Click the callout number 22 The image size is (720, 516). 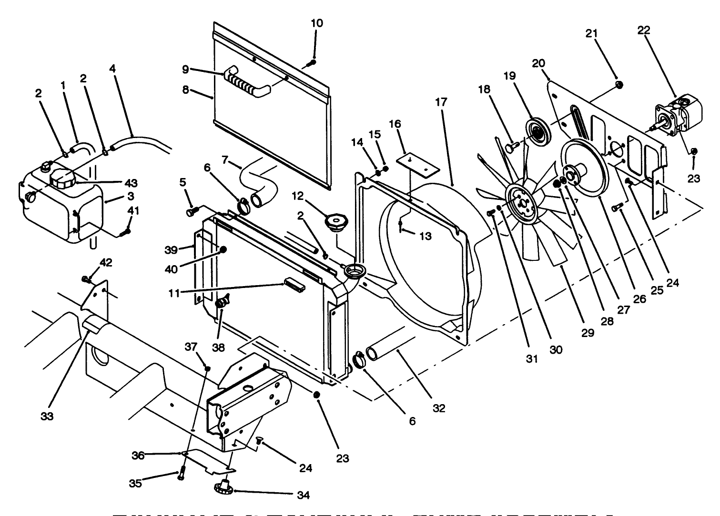tap(644, 30)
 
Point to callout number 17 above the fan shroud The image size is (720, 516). tap(441, 102)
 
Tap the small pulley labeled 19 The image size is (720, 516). tap(538, 130)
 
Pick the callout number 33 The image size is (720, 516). tap(47, 416)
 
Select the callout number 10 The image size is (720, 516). tap(316, 23)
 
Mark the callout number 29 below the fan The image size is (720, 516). tap(588, 332)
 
